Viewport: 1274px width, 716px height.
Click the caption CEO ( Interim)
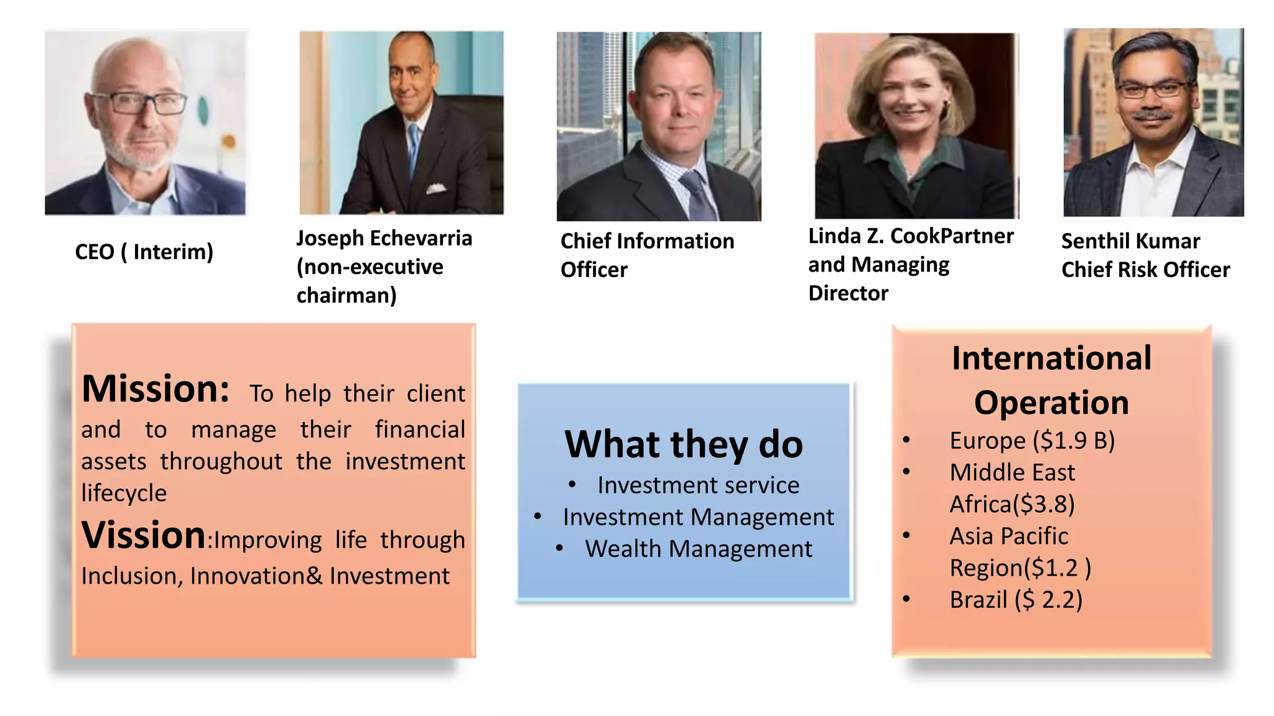pos(144,252)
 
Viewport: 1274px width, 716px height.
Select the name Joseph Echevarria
pos(384,238)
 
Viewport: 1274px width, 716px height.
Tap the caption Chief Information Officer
pos(647,255)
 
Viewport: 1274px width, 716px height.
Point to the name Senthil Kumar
pos(1130,241)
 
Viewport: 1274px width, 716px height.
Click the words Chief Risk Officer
pos(1145,270)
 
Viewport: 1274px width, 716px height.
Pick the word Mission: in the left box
pos(156,389)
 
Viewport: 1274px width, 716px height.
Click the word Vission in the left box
pos(143,535)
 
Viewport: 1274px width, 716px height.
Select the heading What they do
pos(684,444)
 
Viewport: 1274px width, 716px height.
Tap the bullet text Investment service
pos(698,485)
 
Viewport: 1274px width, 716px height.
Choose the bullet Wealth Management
pos(698,549)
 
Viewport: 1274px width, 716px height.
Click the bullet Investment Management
pos(698,517)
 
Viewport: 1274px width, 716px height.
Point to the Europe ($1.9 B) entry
pos(1032,441)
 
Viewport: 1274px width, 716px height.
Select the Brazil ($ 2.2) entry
pos(1016,600)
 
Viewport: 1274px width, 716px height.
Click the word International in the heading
pos(1051,359)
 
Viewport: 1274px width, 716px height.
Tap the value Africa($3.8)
pos(1012,504)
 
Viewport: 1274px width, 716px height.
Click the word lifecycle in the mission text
pos(124,493)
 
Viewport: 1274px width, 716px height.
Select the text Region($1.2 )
pos(1020,568)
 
